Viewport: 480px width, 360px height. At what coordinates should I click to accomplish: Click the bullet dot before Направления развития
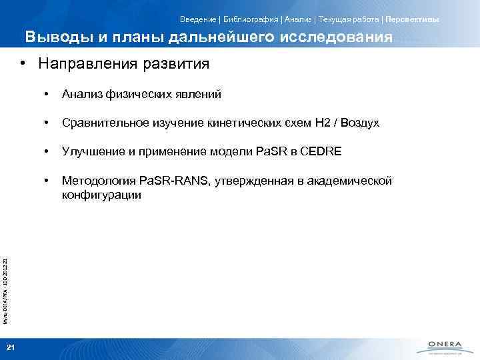click(23, 65)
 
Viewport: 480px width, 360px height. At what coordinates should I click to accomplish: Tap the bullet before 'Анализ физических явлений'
click(46, 95)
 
